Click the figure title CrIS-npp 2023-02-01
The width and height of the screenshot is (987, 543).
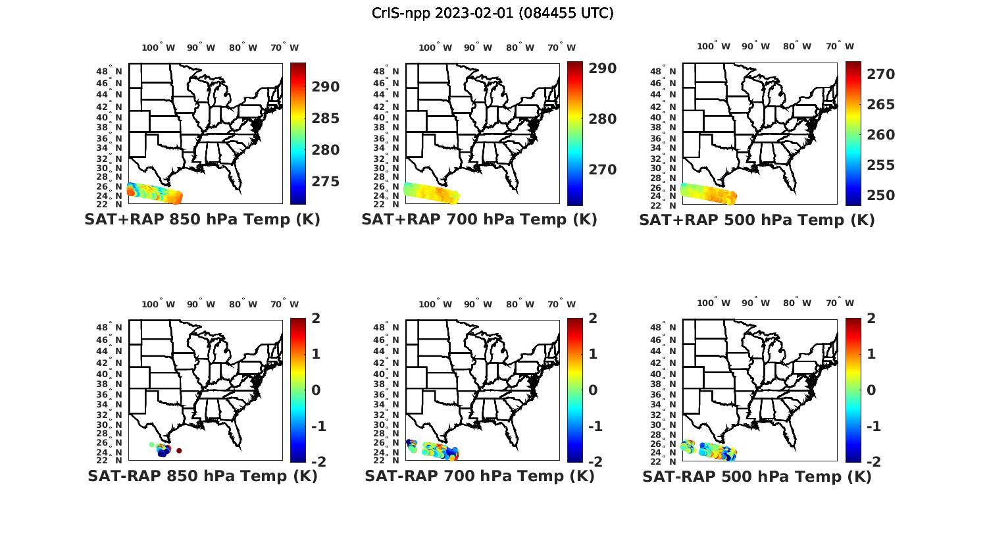(x=492, y=13)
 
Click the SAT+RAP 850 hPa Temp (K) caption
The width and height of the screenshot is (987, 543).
(x=202, y=220)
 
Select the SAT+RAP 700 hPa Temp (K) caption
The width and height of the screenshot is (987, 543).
(x=479, y=220)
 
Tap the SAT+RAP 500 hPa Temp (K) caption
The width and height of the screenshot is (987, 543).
(x=757, y=220)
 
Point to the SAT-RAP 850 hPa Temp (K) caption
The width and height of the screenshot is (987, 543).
(x=202, y=476)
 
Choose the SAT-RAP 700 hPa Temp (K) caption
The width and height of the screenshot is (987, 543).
(x=479, y=476)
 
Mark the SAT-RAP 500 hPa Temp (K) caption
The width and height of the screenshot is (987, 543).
(x=757, y=476)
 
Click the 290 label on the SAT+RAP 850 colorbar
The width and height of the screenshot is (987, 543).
(x=326, y=87)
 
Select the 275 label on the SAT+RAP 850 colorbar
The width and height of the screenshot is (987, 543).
(x=326, y=182)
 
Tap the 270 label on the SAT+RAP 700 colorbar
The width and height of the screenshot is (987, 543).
(x=603, y=170)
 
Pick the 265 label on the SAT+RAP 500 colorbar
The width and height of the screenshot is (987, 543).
(x=880, y=105)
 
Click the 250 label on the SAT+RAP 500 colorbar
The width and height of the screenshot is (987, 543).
(x=880, y=195)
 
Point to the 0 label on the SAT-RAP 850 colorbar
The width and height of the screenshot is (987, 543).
(x=316, y=390)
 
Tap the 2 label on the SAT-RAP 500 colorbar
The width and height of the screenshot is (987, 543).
(x=871, y=319)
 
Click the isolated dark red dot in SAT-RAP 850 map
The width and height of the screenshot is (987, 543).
(x=179, y=451)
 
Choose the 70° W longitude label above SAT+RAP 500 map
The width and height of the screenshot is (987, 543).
(x=840, y=47)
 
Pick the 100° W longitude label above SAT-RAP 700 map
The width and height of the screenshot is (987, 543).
(x=435, y=304)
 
